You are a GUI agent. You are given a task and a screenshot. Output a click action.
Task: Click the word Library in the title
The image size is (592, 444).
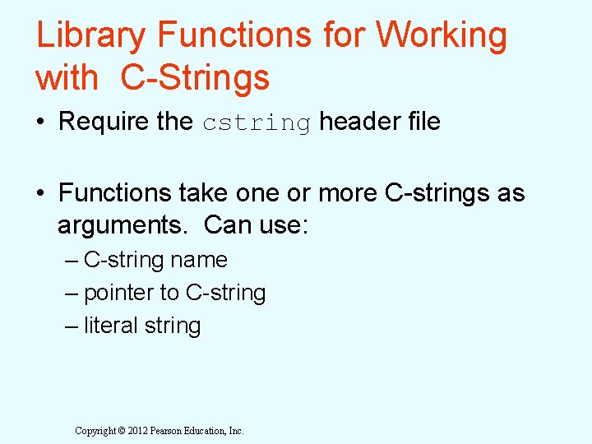coord(91,35)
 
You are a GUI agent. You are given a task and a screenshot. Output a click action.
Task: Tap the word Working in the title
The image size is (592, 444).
coord(442,35)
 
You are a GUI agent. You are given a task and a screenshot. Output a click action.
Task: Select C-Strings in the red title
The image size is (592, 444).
coord(195,78)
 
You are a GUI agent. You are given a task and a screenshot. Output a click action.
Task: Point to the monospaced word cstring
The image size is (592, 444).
coord(257,123)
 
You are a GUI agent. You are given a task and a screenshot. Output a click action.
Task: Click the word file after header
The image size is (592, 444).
coord(422,122)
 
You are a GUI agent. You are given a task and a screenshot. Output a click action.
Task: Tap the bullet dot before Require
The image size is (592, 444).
coord(41,123)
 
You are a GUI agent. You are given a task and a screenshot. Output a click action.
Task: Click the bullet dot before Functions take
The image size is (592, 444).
coord(41,193)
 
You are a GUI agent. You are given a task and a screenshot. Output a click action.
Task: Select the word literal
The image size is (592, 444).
coord(110,326)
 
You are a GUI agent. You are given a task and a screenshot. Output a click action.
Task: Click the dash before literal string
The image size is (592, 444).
coord(72,326)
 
